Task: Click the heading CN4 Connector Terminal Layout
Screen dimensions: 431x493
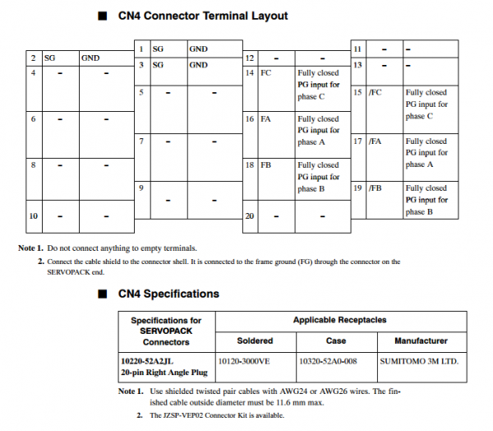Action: tap(203, 16)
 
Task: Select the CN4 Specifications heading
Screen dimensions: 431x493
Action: tap(169, 294)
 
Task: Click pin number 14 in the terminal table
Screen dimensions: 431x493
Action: tap(249, 73)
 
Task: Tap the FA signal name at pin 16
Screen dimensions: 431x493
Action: tap(266, 119)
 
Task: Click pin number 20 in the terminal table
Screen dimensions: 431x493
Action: tap(249, 215)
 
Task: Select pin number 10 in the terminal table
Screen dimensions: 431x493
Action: tap(34, 215)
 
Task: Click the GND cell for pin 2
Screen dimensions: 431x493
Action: tap(90, 59)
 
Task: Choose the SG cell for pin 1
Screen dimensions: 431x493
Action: tap(159, 49)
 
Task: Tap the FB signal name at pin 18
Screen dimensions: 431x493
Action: tap(266, 165)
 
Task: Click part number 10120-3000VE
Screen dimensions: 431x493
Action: tap(244, 360)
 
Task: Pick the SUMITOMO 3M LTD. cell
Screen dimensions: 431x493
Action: tap(419, 360)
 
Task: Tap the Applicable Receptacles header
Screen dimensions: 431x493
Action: tap(339, 319)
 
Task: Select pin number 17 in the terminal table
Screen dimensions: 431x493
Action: tap(357, 141)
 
